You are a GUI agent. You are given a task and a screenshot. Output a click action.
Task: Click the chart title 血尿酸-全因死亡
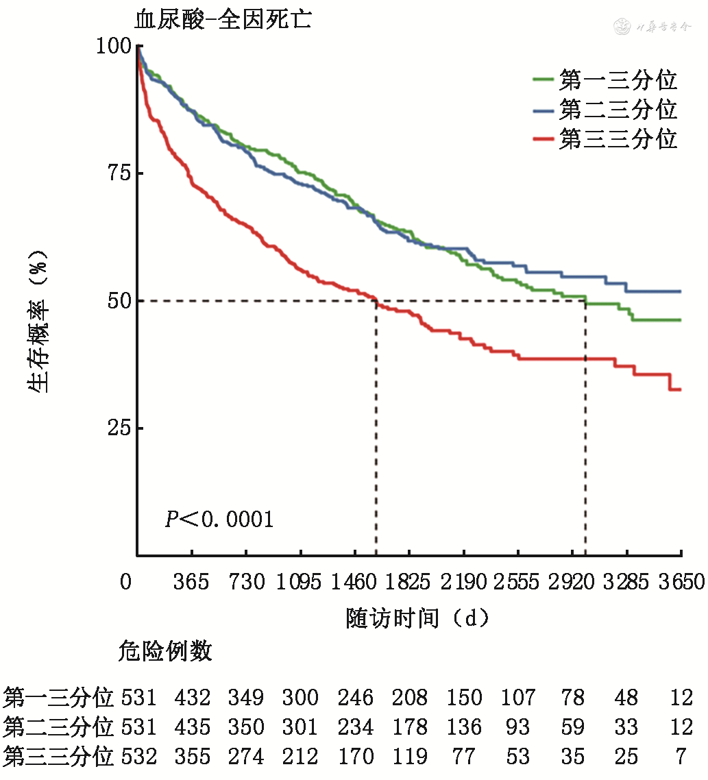coord(223,19)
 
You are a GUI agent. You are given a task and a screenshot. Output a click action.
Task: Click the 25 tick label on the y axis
coord(119,428)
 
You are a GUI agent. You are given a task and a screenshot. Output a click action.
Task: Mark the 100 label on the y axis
coord(114,46)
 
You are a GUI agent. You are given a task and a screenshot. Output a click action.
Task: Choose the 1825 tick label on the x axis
coord(410,583)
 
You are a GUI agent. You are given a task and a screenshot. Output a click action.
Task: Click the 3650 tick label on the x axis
coord(680,583)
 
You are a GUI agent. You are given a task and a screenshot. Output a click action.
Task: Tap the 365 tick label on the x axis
coord(191,583)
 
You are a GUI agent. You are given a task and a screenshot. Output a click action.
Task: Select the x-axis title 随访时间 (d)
coord(417,618)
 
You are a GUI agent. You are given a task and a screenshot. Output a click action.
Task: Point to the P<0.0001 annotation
coord(219,520)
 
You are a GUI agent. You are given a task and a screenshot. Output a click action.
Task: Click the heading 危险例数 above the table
coord(165,651)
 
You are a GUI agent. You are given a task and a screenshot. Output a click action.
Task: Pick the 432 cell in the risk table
coord(193,698)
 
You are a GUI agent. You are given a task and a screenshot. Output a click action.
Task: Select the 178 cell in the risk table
coord(410,727)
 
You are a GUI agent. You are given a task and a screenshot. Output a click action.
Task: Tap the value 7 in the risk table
coord(681,757)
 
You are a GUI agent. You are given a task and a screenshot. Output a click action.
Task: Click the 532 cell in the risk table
coord(139,757)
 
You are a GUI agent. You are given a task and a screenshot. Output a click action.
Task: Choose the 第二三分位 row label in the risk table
coord(58,727)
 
